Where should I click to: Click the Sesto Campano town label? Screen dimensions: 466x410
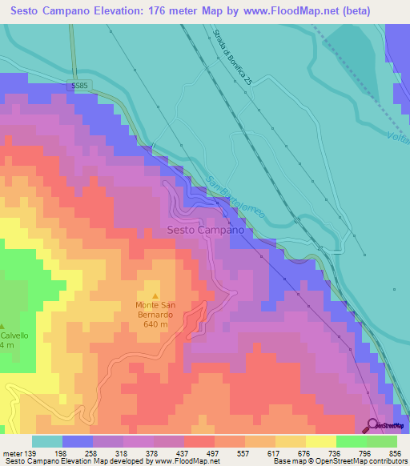point(205,230)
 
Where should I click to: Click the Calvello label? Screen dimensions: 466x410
point(14,335)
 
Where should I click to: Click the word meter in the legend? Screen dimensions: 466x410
point(11,452)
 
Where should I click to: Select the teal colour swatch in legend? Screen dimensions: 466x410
point(47,441)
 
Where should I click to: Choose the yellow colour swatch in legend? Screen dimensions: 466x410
point(320,441)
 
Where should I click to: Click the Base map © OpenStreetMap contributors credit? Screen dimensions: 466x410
point(339,461)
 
